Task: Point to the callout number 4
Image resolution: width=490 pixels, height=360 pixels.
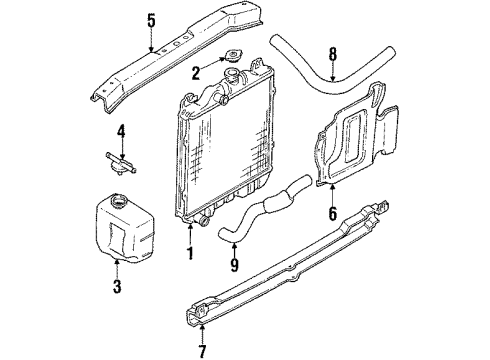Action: coord(121,130)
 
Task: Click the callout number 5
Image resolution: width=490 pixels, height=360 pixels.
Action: coord(151,19)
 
